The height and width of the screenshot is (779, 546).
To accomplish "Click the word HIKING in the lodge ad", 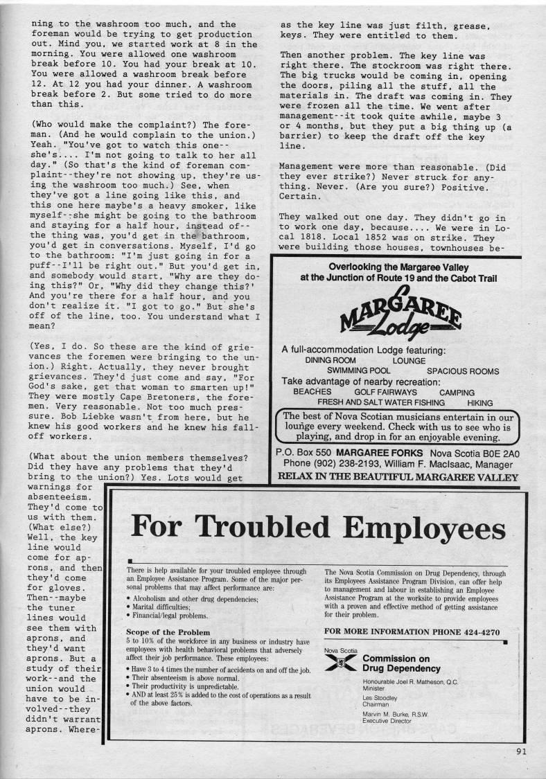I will (479, 402).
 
